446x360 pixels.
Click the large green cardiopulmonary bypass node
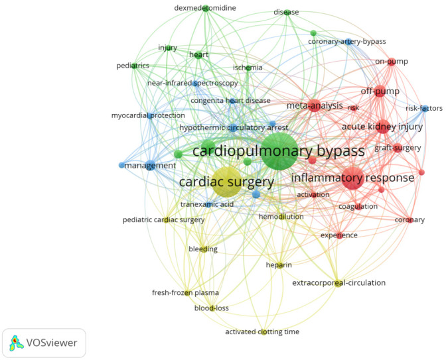pyautogui.click(x=279, y=151)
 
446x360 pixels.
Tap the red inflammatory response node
pyautogui.click(x=352, y=178)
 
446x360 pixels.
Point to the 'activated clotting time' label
pyautogui.click(x=263, y=331)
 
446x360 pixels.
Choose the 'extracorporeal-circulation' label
pyautogui.click(x=338, y=283)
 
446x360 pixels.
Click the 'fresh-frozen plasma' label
pyautogui.click(x=185, y=293)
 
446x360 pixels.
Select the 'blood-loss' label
pyautogui.click(x=211, y=308)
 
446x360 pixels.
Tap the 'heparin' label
pyautogui.click(x=279, y=265)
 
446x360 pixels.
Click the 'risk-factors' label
pyautogui.click(x=423, y=108)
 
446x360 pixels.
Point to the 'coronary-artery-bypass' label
pyautogui.click(x=346, y=42)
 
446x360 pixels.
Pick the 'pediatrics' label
pyautogui.click(x=133, y=66)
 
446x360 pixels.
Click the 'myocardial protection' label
pyautogui.click(x=147, y=115)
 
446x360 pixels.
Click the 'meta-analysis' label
pyautogui.click(x=315, y=105)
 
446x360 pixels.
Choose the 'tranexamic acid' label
pyautogui.click(x=207, y=204)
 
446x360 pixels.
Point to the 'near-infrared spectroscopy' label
pyautogui.click(x=192, y=84)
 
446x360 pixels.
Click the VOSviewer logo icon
pyautogui.click(x=15, y=343)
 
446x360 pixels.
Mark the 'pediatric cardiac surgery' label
pyautogui.click(x=163, y=219)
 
